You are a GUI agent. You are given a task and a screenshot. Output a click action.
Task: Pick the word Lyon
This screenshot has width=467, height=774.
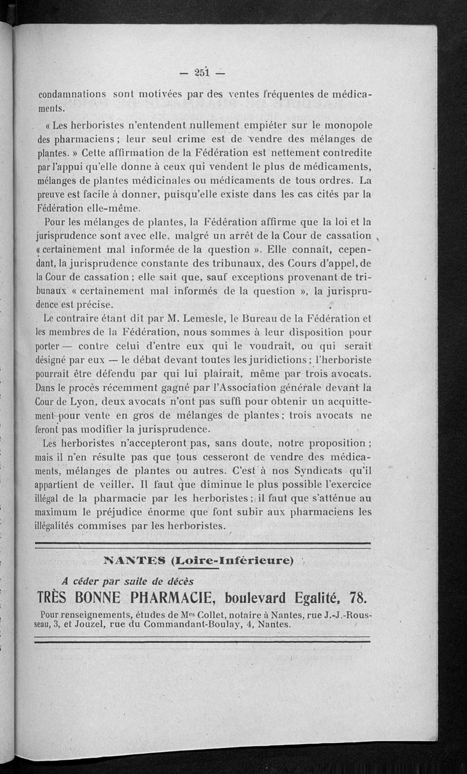pyautogui.click(x=82, y=402)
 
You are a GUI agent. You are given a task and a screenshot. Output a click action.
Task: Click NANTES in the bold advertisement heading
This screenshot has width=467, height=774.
pyautogui.click(x=135, y=562)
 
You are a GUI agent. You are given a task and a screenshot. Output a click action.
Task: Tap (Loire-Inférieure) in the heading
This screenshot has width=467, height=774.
pyautogui.click(x=232, y=562)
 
